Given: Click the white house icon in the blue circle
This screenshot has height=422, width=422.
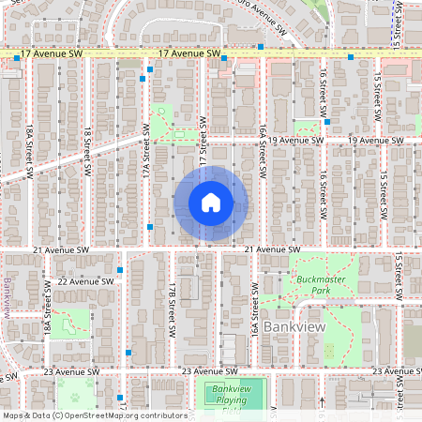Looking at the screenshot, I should click(x=211, y=203).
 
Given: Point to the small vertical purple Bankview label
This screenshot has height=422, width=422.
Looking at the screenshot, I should click(x=7, y=298).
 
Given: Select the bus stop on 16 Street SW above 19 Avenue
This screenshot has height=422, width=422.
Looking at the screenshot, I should click(x=325, y=120).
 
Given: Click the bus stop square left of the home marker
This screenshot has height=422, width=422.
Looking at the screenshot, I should click(x=150, y=227).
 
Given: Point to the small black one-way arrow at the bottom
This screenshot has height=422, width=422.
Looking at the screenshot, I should click(x=322, y=401).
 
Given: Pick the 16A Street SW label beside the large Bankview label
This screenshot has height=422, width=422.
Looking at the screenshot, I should click(x=254, y=319).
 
